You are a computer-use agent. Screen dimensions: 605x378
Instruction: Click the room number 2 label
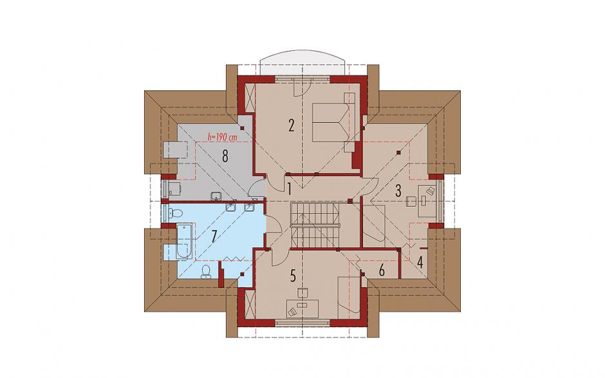[292, 125]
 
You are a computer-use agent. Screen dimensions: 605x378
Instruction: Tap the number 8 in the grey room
[225, 156]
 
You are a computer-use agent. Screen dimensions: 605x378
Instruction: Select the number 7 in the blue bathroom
[214, 236]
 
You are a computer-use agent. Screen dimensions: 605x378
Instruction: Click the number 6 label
[382, 270]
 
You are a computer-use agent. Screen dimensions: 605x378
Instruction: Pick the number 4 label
[420, 263]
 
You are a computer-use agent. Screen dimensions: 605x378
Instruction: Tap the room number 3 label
[398, 191]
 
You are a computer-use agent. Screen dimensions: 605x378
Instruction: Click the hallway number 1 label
[288, 189]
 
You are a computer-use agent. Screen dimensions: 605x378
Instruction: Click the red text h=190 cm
[222, 137]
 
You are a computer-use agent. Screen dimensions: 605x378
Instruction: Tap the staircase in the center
[315, 225]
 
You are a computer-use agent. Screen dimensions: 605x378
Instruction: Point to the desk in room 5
[302, 308]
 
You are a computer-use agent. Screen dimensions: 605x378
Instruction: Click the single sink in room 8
[216, 196]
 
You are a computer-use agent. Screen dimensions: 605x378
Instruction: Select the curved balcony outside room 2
[302, 62]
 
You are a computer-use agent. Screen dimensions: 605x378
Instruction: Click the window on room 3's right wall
[440, 202]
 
